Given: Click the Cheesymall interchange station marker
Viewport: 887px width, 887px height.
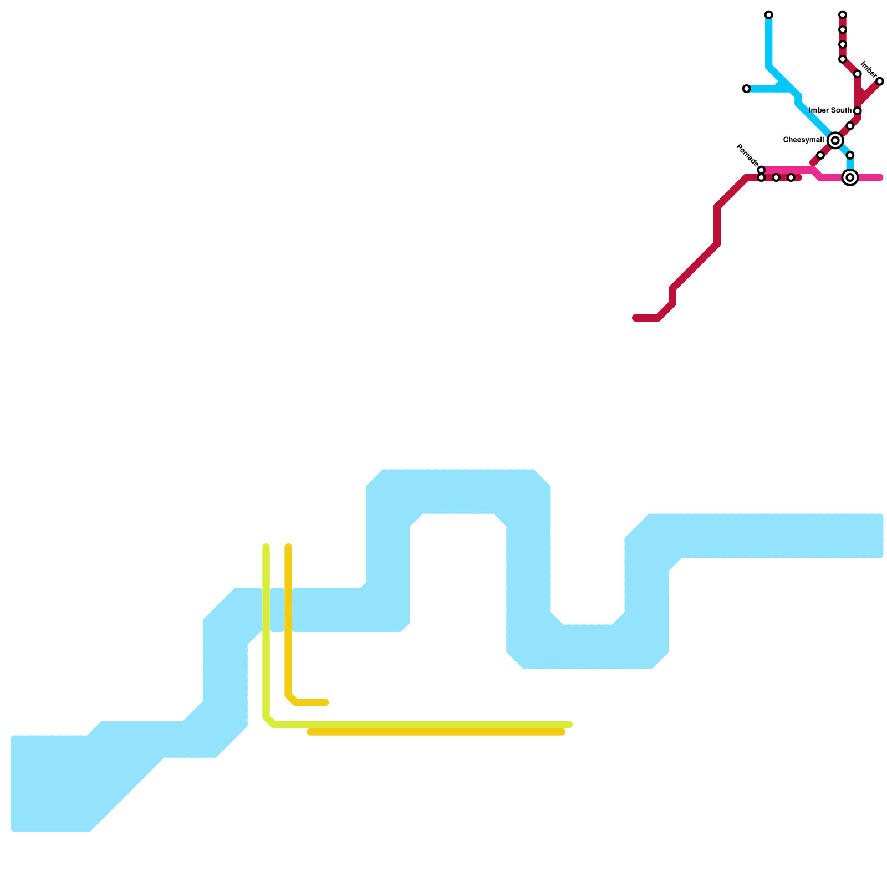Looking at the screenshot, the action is pyautogui.click(x=835, y=140).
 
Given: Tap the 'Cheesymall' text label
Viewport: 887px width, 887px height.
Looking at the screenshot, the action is pyautogui.click(x=803, y=140).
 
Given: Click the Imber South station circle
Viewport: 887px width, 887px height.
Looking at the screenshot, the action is pyautogui.click(x=857, y=111).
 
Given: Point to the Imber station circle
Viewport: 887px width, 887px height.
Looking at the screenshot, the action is pyautogui.click(x=879, y=81).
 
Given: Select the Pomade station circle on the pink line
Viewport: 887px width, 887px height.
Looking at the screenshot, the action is pyautogui.click(x=761, y=170).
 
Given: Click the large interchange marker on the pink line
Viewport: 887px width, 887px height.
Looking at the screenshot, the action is pyautogui.click(x=850, y=177).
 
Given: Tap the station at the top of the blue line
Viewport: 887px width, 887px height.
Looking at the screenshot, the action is pyautogui.click(x=768, y=14).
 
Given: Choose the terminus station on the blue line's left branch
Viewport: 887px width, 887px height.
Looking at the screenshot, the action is pyautogui.click(x=746, y=89).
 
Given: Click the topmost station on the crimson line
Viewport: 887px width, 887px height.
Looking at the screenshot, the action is pyautogui.click(x=842, y=14).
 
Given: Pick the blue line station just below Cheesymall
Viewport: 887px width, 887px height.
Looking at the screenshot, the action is pyautogui.click(x=850, y=155).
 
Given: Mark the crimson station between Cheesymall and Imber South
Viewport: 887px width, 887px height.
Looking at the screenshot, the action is pyautogui.click(x=850, y=126).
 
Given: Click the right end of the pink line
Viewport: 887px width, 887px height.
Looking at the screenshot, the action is pyautogui.click(x=880, y=177).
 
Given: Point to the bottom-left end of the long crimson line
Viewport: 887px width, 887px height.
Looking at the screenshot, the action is pyautogui.click(x=635, y=318).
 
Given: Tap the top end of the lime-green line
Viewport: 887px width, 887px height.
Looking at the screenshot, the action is pyautogui.click(x=266, y=547).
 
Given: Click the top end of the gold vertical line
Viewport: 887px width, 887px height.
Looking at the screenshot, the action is pyautogui.click(x=288, y=547).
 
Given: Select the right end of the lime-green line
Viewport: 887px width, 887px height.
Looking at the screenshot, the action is pyautogui.click(x=570, y=724).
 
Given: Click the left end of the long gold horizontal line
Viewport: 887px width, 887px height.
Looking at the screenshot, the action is pyautogui.click(x=310, y=732).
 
